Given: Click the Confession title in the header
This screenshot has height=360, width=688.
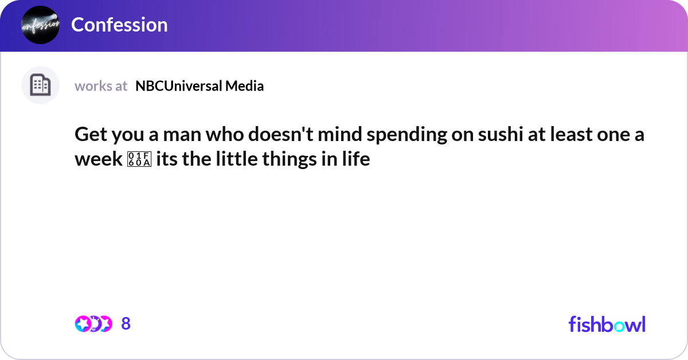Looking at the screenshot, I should [x=119, y=25].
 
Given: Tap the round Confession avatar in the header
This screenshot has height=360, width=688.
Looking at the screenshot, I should [x=40, y=25].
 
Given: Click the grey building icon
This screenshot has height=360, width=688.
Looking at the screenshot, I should [x=40, y=85].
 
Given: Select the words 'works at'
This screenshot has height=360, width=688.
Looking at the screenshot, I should [x=101, y=86].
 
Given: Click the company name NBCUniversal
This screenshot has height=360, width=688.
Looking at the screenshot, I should [x=178, y=86].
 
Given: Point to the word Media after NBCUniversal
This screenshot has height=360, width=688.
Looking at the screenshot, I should [x=244, y=86].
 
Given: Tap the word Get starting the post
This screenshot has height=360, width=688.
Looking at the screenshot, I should [x=89, y=135].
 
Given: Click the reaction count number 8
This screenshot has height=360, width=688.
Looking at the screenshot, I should [x=126, y=324].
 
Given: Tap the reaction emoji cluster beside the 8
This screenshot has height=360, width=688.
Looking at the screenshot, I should [x=93, y=324].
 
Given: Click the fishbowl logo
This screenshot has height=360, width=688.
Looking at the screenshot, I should [x=607, y=324].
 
